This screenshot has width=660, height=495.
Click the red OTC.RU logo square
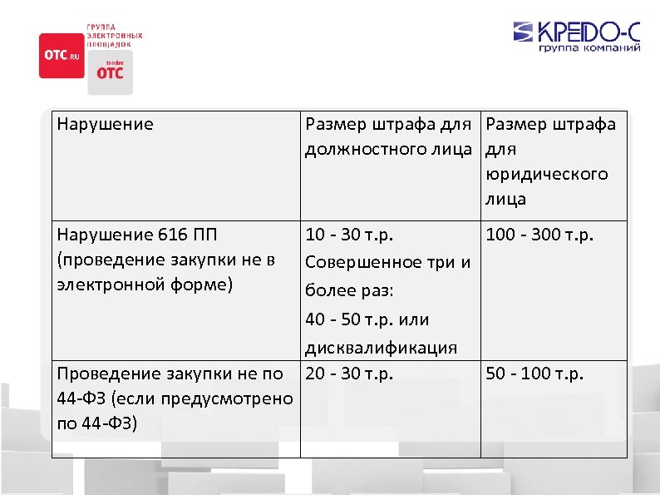point(62,55)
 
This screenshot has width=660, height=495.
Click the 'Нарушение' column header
point(106,125)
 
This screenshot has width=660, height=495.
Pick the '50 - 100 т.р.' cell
point(534,374)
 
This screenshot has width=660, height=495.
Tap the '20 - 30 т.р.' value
point(348,374)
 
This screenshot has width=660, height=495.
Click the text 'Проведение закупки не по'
point(170,374)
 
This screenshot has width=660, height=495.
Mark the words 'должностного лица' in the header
point(387,149)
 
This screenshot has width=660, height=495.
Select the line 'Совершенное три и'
point(388,263)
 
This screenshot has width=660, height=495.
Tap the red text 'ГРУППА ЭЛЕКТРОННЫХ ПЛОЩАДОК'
point(114,36)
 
